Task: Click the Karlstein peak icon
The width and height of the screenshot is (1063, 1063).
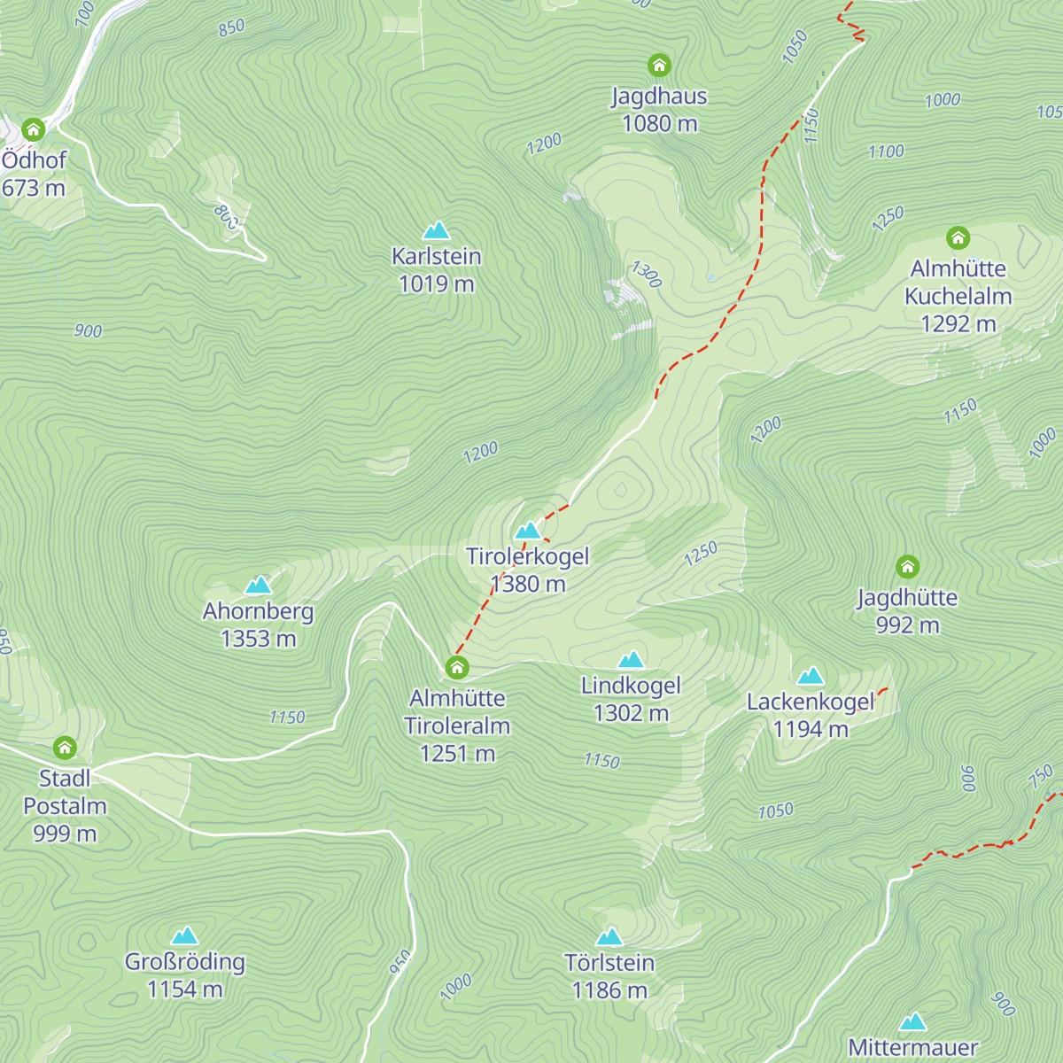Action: (x=436, y=231)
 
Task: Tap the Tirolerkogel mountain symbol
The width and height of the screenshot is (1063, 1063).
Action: (x=528, y=531)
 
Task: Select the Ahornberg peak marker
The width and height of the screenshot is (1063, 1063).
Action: (x=258, y=586)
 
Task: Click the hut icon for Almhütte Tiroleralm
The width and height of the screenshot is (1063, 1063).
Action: (x=457, y=667)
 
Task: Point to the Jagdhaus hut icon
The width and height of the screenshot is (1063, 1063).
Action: (x=659, y=65)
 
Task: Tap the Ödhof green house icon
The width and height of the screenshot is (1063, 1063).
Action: (x=34, y=130)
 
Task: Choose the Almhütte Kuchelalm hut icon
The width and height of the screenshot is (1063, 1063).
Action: (x=958, y=237)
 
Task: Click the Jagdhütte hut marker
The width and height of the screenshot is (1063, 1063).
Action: (x=907, y=567)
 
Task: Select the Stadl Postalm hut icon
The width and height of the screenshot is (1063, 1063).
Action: (x=65, y=748)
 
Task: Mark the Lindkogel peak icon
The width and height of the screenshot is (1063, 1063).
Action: (x=631, y=660)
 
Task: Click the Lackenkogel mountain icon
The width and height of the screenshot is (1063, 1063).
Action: (x=811, y=677)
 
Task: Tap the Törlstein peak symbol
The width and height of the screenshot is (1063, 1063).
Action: (x=609, y=937)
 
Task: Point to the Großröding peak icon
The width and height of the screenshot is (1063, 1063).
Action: (x=184, y=936)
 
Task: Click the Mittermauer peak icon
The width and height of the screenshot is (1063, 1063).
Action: (x=912, y=1022)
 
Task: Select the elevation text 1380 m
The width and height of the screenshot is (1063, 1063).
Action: (x=528, y=584)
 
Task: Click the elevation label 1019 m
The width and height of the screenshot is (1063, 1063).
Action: (x=437, y=284)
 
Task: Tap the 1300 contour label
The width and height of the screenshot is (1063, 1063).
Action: (x=647, y=275)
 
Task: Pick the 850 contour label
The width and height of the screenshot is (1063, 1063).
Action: (x=231, y=27)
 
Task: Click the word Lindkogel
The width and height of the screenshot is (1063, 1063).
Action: (x=631, y=686)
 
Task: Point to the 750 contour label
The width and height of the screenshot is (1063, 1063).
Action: (x=1041, y=776)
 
